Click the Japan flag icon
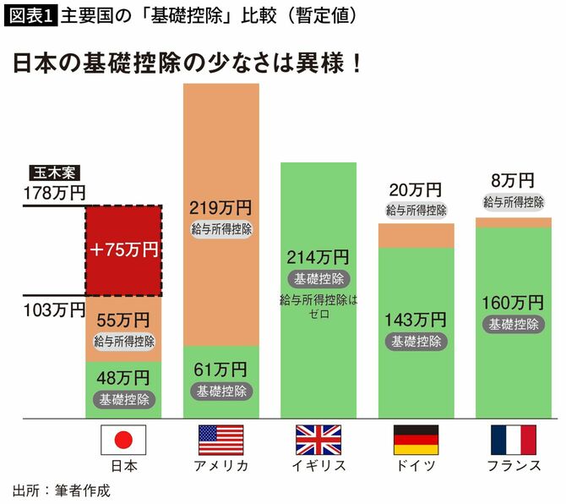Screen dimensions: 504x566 point(123,440)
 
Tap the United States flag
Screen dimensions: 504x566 point(220,440)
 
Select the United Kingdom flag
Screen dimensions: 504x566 point(318,440)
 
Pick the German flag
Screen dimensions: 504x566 point(416,440)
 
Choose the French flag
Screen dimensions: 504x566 point(514,440)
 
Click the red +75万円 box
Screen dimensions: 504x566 point(123,249)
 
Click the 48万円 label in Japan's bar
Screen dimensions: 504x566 point(123,377)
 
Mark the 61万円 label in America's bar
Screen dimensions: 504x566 point(221,370)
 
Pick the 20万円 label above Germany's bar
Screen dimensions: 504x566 point(416,190)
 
